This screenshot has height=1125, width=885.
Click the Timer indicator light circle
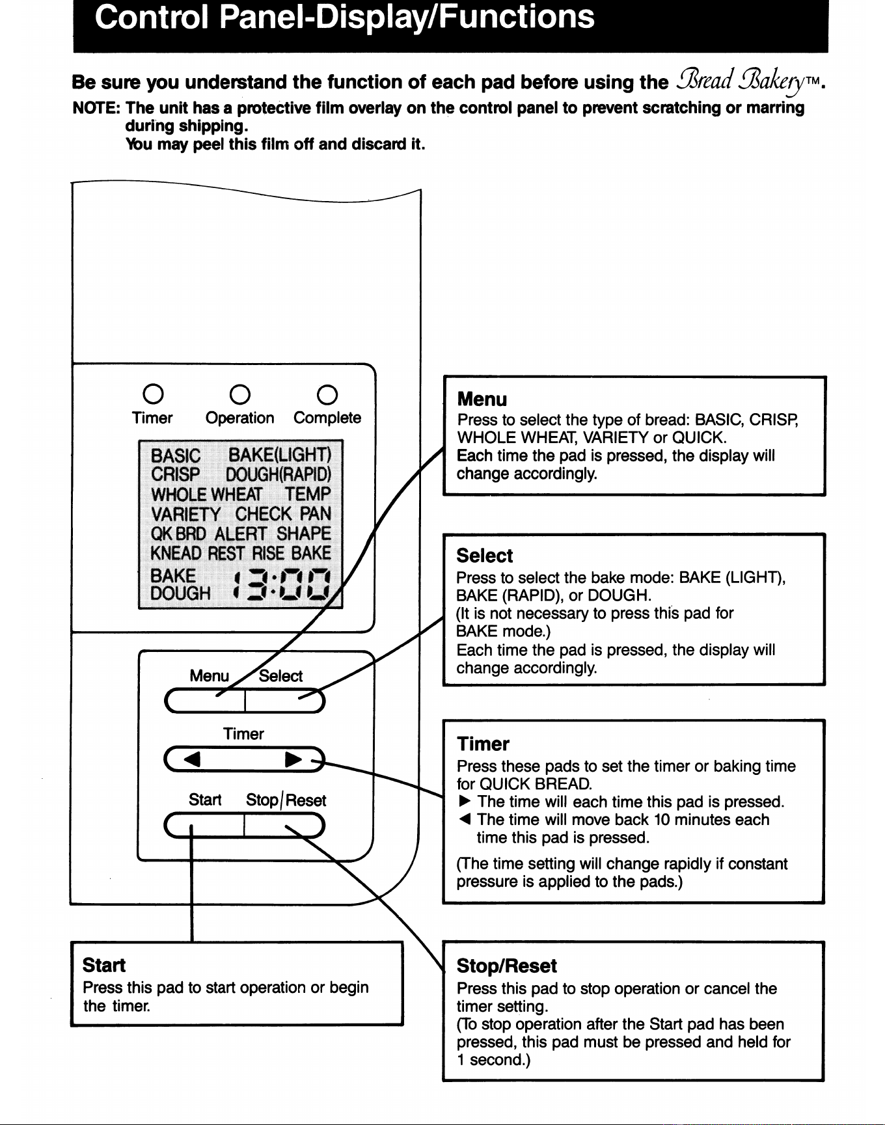[153, 394]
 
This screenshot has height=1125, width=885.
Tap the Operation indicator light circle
[240, 394]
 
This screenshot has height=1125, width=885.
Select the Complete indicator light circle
[327, 394]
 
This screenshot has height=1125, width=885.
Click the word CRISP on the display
[176, 475]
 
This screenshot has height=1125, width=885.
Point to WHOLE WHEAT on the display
[207, 495]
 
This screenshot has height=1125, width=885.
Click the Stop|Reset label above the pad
[286, 800]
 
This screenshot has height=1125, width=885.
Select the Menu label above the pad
[210, 675]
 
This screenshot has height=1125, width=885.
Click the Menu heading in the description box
[482, 399]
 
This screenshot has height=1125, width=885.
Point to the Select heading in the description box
[485, 556]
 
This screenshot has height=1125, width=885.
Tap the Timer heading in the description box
[483, 744]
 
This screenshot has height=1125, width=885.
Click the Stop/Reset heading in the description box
[507, 966]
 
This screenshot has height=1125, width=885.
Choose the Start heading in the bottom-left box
[104, 965]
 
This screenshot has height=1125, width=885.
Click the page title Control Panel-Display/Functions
[345, 16]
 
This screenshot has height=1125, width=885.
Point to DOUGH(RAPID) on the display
[279, 475]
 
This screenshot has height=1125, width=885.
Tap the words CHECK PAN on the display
[283, 514]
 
